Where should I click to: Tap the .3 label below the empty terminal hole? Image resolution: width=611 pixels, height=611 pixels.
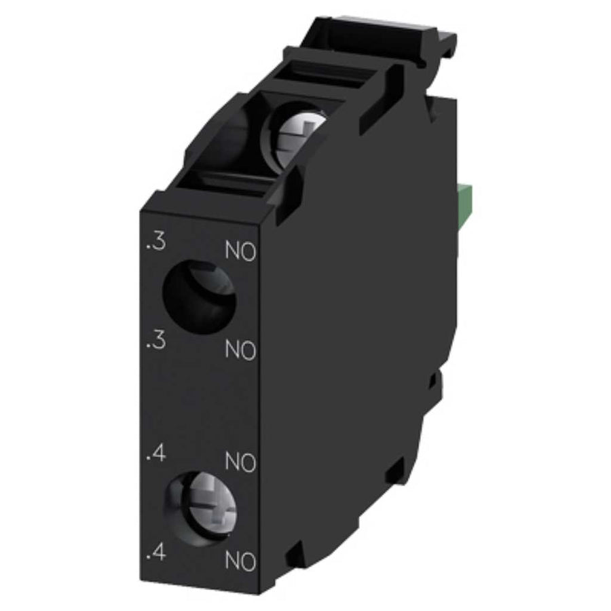[x=156, y=341]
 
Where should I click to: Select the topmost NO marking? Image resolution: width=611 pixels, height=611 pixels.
[x=240, y=251]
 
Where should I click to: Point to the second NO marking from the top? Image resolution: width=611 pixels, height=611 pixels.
[x=240, y=350]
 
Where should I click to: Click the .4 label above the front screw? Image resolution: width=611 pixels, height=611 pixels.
[x=156, y=454]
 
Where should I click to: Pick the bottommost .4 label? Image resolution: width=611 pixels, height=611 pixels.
[x=156, y=553]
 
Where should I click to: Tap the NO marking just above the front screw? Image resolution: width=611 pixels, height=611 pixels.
[x=240, y=462]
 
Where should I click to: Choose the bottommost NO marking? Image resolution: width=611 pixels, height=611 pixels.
[x=240, y=561]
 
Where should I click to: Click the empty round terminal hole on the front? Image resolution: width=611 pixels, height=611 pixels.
[x=200, y=297]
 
